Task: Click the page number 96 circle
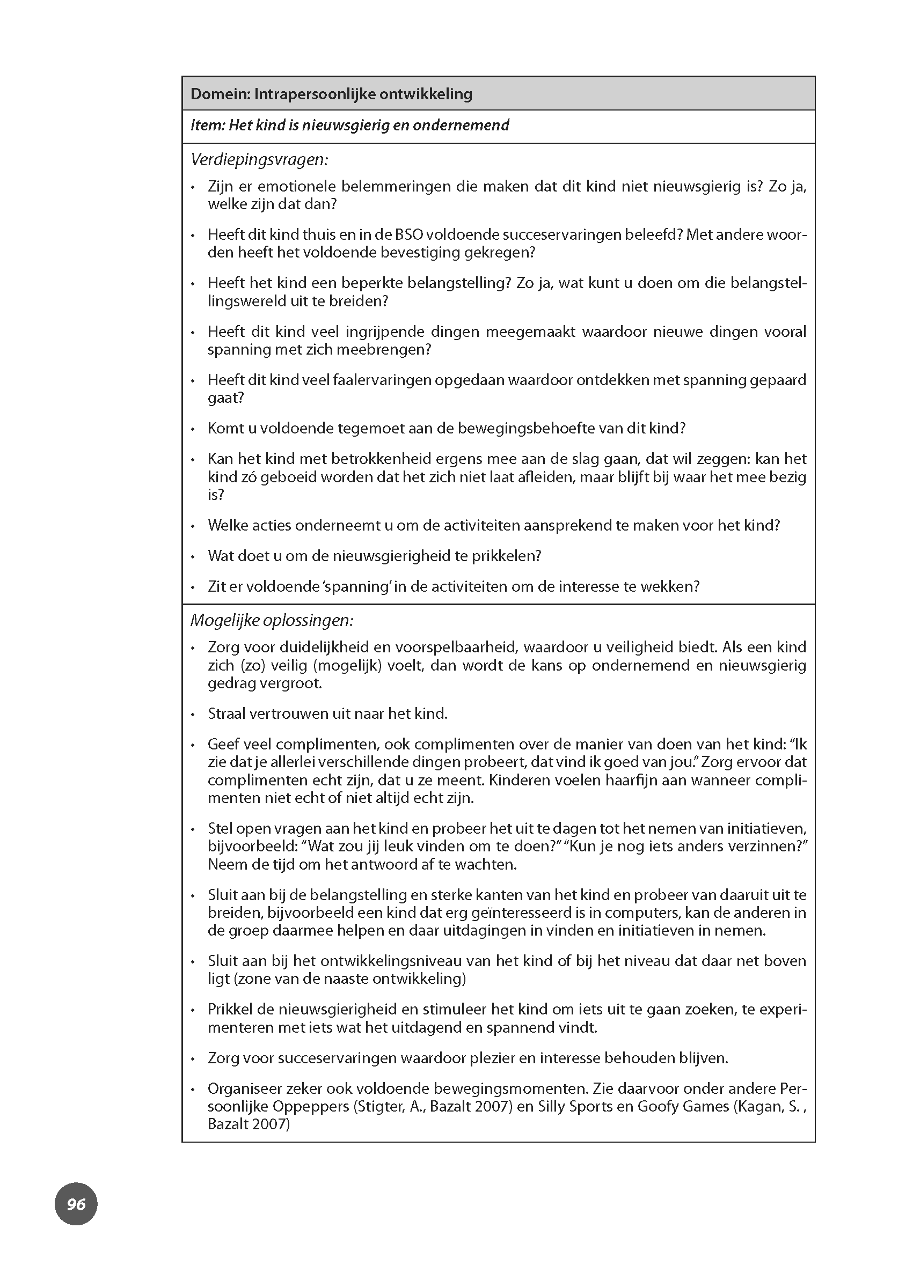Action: tap(76, 1204)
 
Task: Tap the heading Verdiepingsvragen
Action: tap(259, 160)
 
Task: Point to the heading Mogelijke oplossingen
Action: tap(272, 621)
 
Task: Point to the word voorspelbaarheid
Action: tap(460, 648)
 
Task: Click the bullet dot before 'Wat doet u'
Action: tap(193, 557)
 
